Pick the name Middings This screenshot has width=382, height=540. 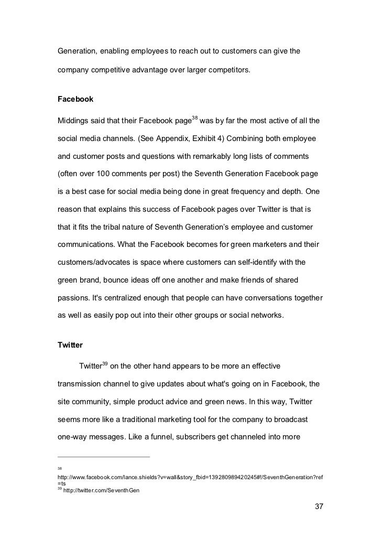74,122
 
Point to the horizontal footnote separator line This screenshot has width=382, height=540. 104,457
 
